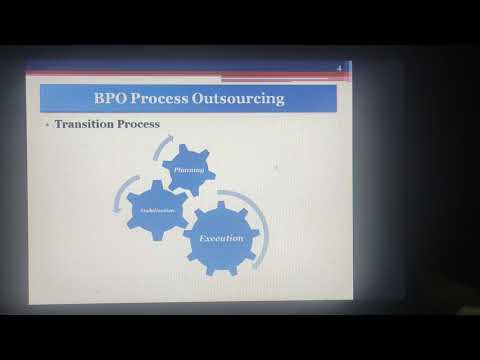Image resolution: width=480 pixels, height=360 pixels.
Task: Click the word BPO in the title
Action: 114,99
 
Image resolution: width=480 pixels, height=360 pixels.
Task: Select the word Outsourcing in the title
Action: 248,99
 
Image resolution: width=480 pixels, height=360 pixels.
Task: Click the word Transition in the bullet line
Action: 86,125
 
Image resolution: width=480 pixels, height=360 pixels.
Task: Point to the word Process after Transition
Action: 139,125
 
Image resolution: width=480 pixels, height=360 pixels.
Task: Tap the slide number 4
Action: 340,68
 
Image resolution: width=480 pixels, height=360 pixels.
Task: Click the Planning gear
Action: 189,169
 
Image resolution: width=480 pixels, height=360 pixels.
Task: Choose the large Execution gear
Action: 222,238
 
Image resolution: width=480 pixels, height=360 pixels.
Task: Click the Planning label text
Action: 189,170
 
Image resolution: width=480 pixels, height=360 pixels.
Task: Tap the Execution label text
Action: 222,238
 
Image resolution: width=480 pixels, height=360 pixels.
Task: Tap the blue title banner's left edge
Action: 42,99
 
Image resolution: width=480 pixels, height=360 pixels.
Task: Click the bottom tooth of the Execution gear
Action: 222,272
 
